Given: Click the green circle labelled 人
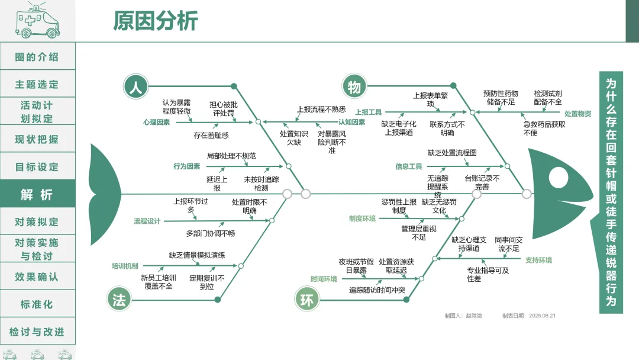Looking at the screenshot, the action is point(135,86).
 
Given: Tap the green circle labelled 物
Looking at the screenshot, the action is point(354,86).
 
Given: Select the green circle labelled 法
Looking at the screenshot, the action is point(119,300).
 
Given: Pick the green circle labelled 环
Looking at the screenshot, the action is point(306,300).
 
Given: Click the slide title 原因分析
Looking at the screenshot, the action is point(155,21).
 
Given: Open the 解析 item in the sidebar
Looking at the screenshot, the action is point(37,194).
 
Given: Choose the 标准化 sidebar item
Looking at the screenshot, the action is point(37,304).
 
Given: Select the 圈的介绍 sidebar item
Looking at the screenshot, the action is point(37,57).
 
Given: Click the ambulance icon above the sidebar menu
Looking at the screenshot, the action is point(37,20).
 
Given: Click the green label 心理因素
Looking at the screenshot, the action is point(156,123).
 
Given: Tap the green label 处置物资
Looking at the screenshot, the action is point(577,114).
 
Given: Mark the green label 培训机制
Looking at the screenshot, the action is point(125,266).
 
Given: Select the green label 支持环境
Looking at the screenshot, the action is point(538,260).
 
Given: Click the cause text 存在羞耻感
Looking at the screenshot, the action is point(211,136).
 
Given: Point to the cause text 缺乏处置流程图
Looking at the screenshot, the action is point(452,153).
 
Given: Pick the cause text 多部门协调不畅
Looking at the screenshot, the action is point(211,234).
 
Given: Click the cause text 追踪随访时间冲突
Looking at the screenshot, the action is point(377,290).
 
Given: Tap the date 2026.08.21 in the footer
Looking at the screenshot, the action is point(542,316).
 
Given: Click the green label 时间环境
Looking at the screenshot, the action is point(324,279).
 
